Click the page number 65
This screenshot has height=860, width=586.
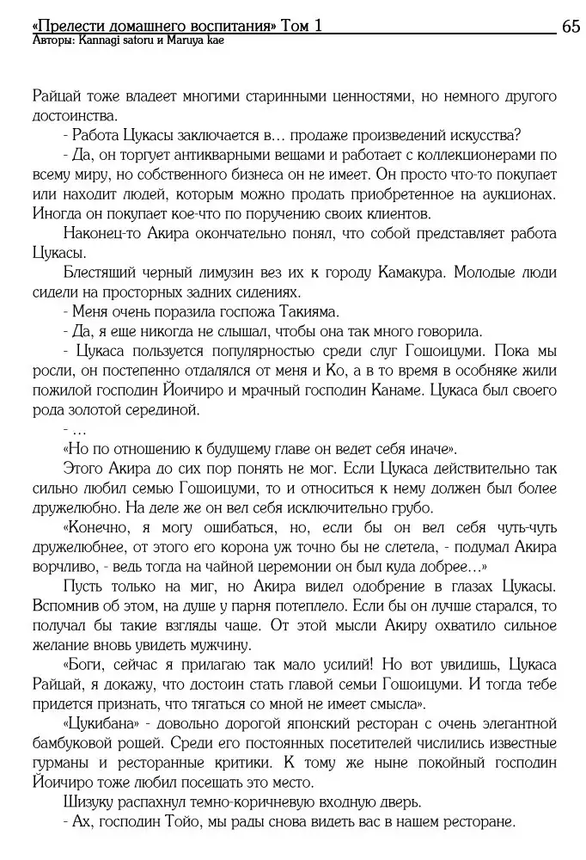570,27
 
